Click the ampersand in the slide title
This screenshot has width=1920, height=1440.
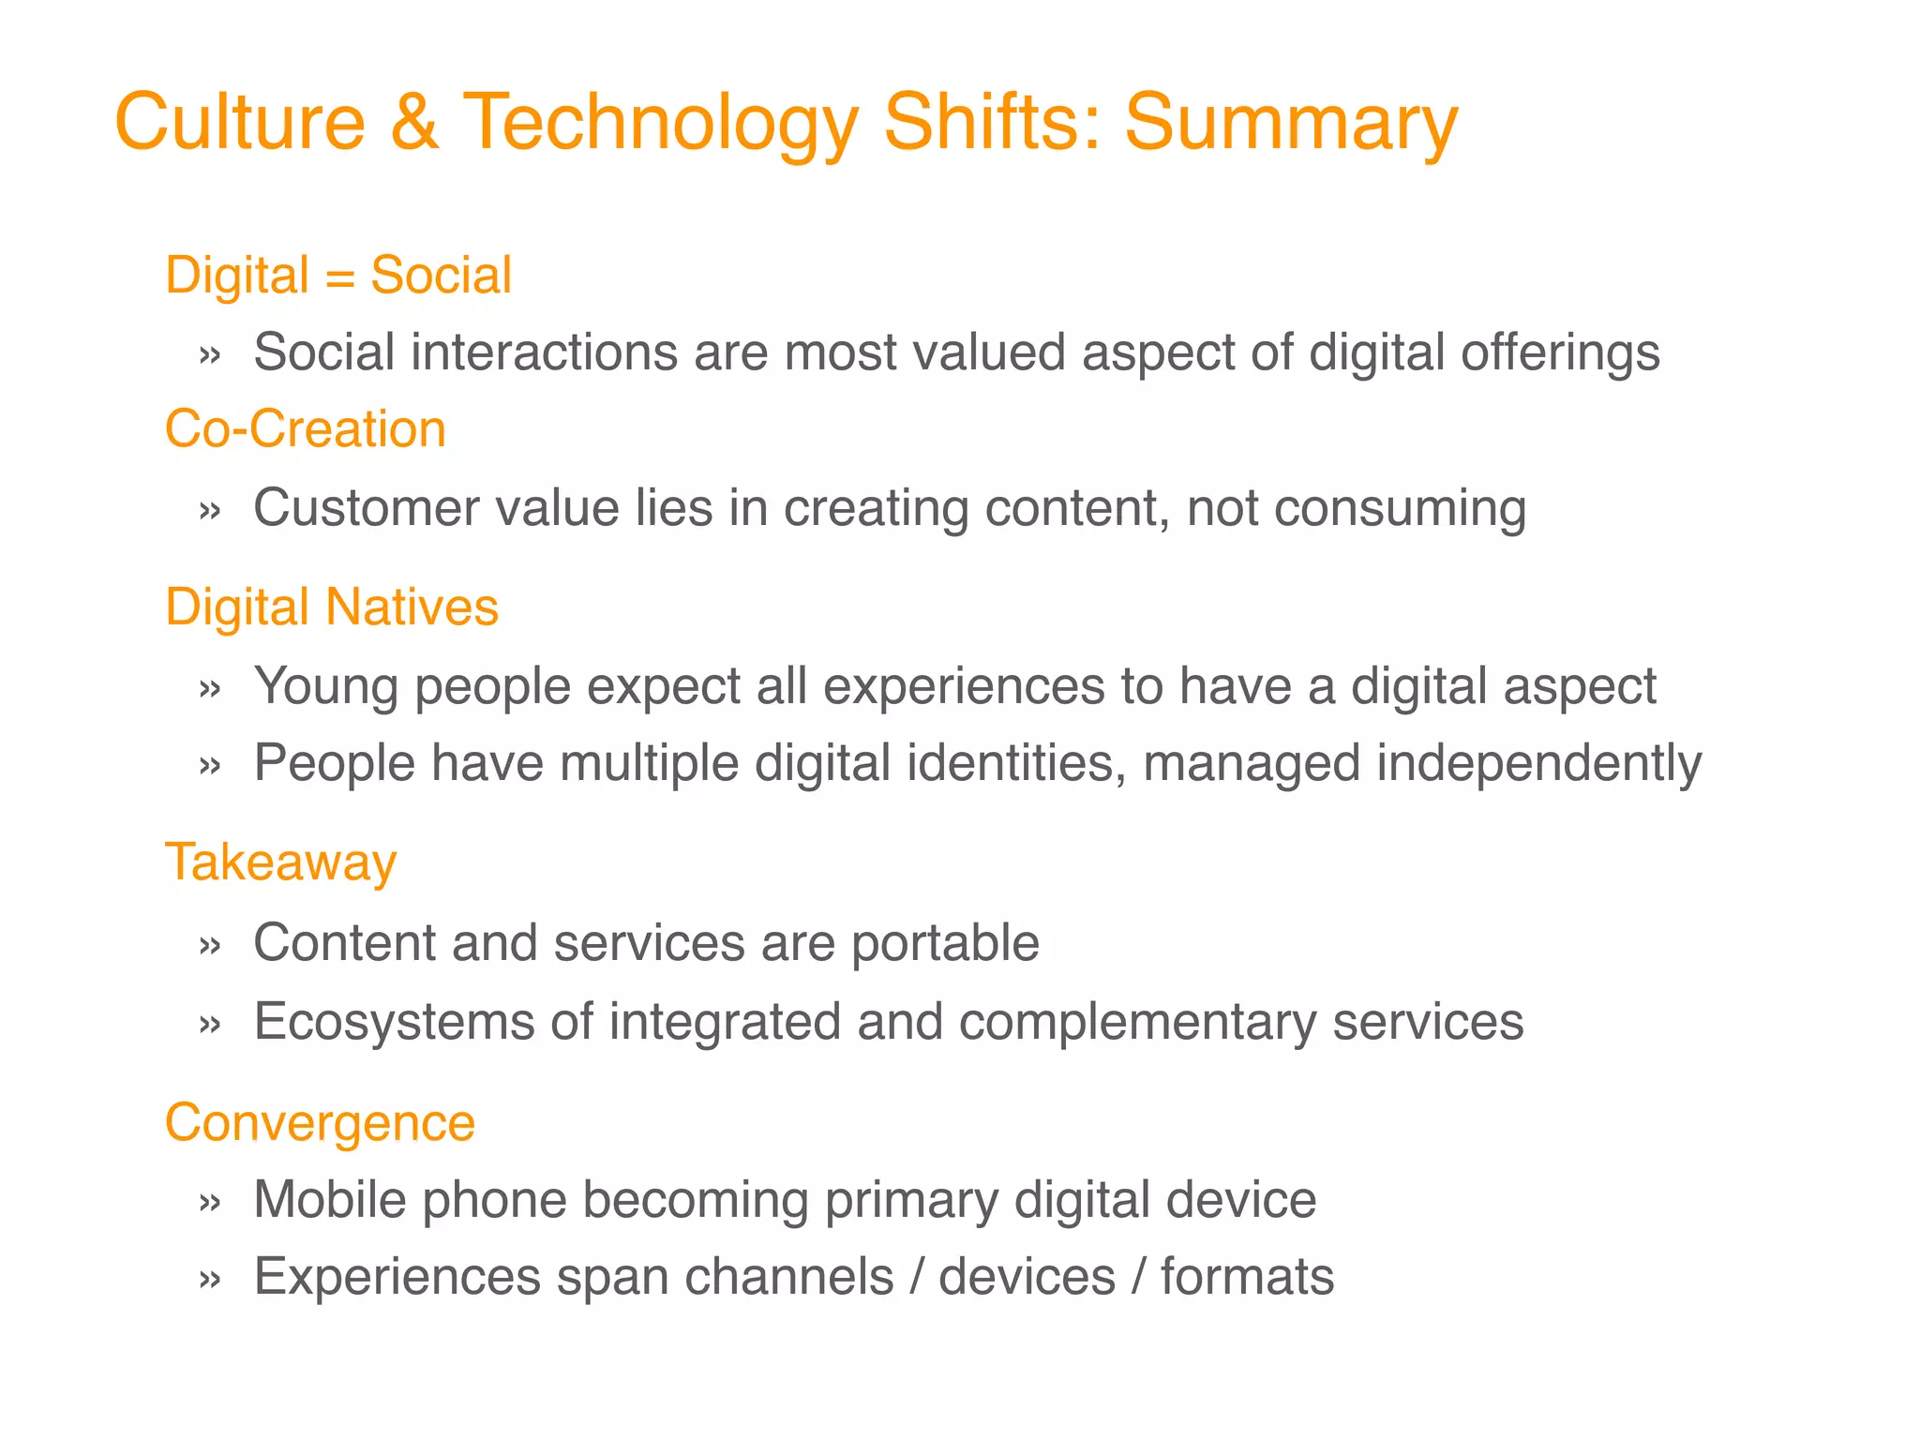(x=414, y=122)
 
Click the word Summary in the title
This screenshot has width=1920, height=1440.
(x=1291, y=122)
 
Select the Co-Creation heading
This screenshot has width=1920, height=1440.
(x=305, y=429)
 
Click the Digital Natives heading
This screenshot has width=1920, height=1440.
(x=331, y=607)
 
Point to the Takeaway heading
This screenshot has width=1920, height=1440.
(x=280, y=862)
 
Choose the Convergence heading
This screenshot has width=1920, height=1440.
(x=320, y=1122)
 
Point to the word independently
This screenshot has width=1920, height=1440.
(x=1538, y=764)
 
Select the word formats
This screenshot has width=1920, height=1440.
(x=1247, y=1277)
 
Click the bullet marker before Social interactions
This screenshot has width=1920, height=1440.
(x=210, y=356)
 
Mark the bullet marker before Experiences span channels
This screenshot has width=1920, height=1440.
(x=210, y=1280)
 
